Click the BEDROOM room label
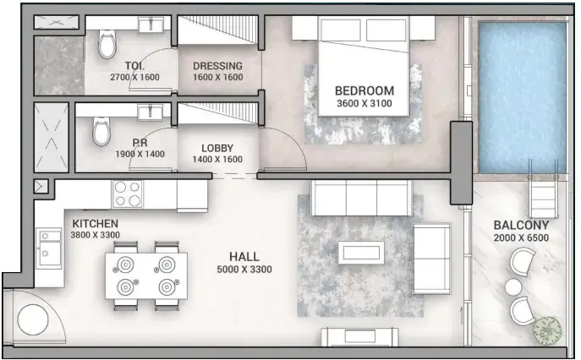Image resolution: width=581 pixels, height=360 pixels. [x=364, y=90]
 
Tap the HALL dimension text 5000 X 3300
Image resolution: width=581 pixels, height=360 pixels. [x=244, y=270]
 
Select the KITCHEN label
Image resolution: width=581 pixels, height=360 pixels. [x=88, y=223]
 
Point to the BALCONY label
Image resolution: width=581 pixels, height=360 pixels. [x=521, y=226]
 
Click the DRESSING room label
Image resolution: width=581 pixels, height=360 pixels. [x=217, y=66]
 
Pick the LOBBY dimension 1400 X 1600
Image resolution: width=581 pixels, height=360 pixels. [x=217, y=159]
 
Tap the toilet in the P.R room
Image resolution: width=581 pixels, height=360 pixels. [x=101, y=132]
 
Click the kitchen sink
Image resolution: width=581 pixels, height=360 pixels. [x=47, y=249]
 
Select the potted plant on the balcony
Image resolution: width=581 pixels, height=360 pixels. [x=547, y=330]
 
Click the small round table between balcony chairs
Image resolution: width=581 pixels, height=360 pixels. [x=513, y=287]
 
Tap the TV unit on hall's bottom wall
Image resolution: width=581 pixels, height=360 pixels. [x=359, y=336]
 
